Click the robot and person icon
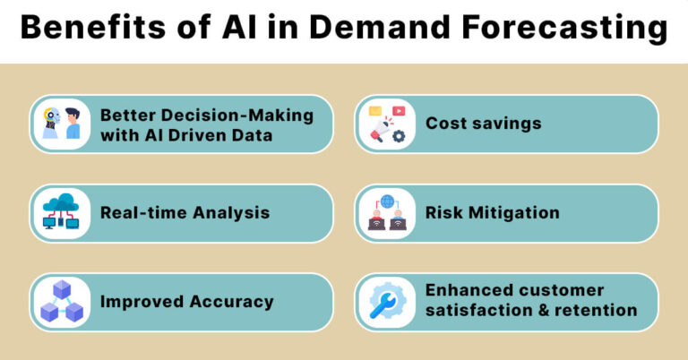tap(62, 124)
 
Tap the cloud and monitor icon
tap(62, 213)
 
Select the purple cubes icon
tap(62, 302)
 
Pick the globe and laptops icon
tap(387, 213)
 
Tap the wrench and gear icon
tap(387, 302)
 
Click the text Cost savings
tap(483, 123)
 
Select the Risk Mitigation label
tap(492, 212)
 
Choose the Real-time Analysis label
tap(185, 212)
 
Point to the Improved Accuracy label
tap(186, 301)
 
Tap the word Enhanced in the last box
tap(468, 290)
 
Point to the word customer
tap(560, 290)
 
